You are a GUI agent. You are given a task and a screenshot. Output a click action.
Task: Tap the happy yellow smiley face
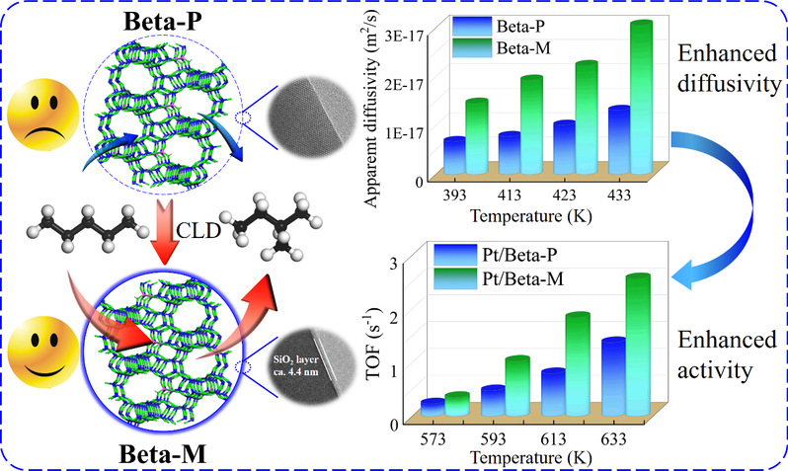tap(40, 356)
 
